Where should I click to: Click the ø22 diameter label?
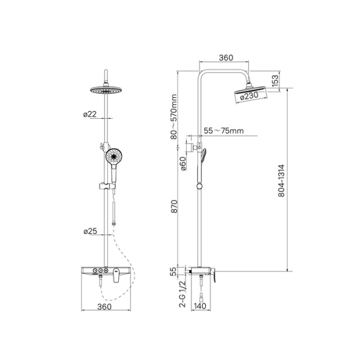90,114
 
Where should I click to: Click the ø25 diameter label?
90,231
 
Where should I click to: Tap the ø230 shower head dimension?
249,96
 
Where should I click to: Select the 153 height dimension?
275,80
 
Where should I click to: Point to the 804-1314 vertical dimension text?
281,181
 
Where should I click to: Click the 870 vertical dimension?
174,206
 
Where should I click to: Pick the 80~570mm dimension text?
174,117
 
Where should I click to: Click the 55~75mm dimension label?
224,131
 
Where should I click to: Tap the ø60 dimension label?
183,163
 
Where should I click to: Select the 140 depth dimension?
200,306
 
